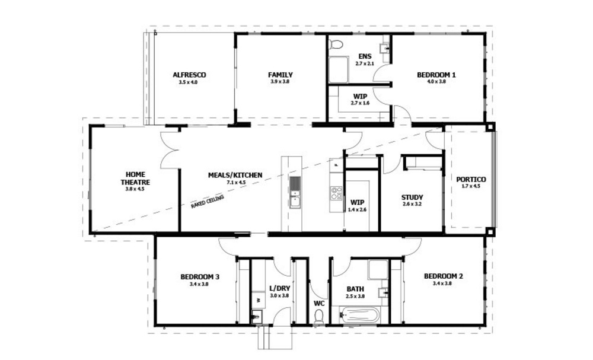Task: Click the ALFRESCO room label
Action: (x=189, y=75)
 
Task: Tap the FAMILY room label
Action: (x=280, y=75)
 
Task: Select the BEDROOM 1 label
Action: (x=436, y=75)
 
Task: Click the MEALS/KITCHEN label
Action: (x=235, y=176)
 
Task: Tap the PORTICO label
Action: (x=471, y=179)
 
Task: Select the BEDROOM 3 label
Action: (x=200, y=276)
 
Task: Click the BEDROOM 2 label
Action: (x=443, y=276)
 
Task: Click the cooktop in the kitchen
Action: (x=336, y=193)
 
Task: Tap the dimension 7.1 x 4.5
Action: (x=235, y=183)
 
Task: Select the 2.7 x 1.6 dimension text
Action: (x=360, y=103)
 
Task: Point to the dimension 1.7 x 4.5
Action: (x=471, y=186)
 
